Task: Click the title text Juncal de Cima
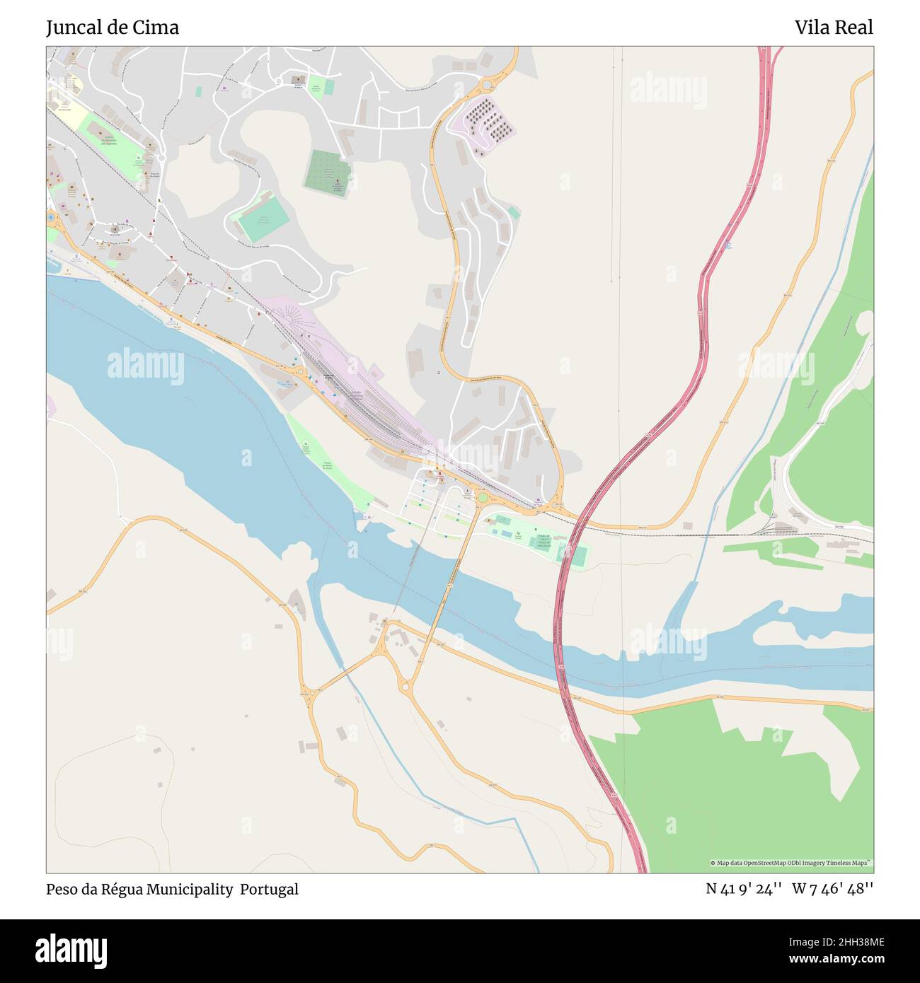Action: coord(113,28)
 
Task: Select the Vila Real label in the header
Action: coord(833,28)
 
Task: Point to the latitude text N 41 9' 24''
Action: coord(743,889)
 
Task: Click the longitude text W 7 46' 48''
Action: coord(832,889)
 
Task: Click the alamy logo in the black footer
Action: coord(71,950)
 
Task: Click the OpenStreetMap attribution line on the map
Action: coord(790,863)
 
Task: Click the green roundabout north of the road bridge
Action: coord(483,498)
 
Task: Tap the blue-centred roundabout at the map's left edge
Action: coord(51,217)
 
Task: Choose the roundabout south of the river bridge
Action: coord(406,685)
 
